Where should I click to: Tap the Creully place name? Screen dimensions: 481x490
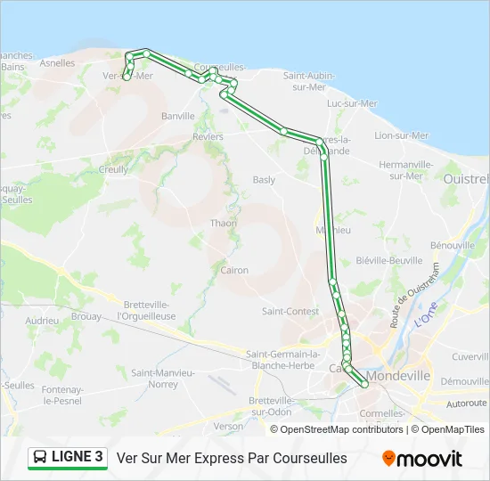[113, 168]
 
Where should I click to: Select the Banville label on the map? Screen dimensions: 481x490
[178, 116]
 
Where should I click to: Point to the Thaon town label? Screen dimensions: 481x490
[223, 224]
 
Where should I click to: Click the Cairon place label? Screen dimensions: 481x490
[234, 270]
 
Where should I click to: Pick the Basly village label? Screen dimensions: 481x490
[264, 180]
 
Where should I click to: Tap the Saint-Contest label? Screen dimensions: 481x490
[290, 311]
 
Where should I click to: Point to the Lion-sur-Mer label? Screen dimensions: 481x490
[401, 135]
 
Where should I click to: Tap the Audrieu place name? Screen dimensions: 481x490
[42, 320]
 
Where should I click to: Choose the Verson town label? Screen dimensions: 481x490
[228, 426]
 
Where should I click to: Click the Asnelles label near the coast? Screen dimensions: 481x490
[57, 63]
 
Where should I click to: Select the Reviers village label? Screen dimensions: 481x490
[208, 136]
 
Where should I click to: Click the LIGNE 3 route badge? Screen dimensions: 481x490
[67, 458]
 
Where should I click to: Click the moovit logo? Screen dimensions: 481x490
[422, 459]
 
